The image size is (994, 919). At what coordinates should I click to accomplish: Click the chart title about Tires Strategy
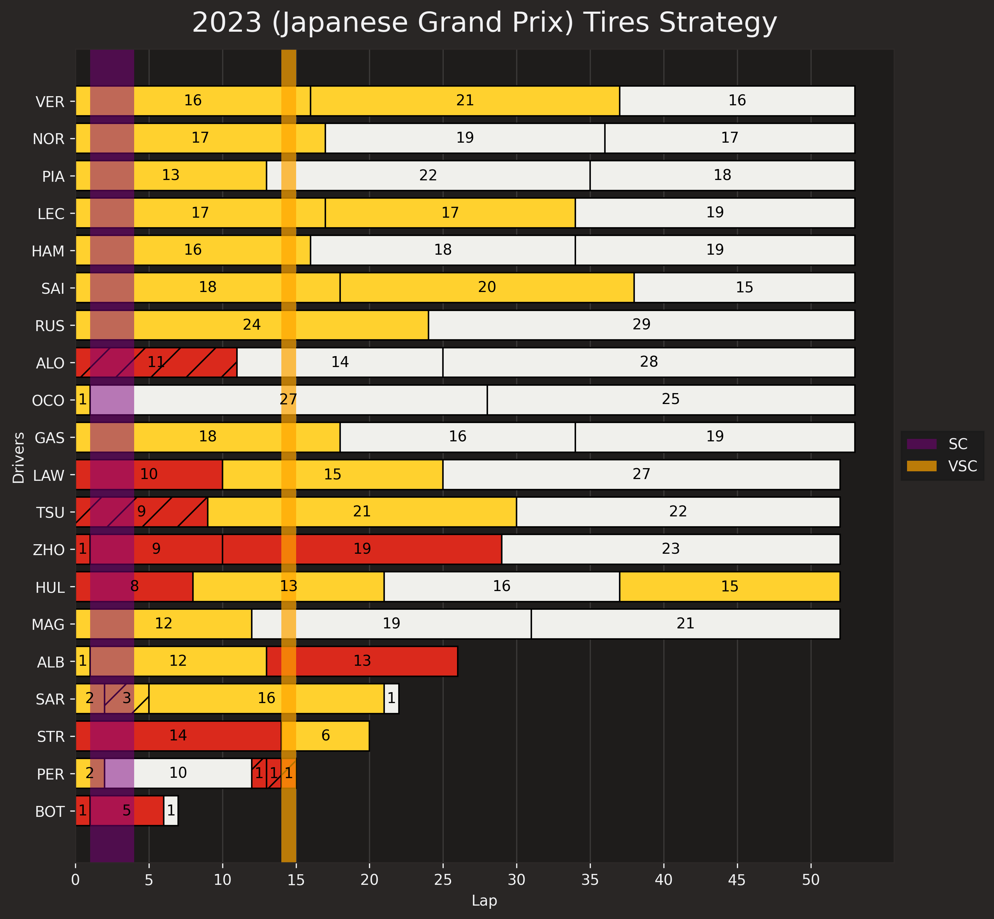(x=485, y=23)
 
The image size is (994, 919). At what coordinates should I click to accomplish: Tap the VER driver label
(x=50, y=102)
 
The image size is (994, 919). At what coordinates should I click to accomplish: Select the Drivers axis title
(x=18, y=458)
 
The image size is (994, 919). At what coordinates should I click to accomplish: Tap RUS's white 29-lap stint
(x=641, y=325)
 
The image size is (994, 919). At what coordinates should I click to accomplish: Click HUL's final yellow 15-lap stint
(x=730, y=587)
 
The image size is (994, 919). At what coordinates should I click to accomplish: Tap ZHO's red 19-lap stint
(x=362, y=549)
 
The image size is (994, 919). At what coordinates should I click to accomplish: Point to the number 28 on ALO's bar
(x=649, y=362)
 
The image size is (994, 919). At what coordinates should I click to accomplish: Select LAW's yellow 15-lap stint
(x=332, y=475)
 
